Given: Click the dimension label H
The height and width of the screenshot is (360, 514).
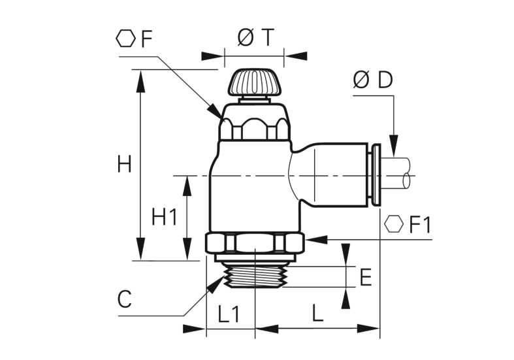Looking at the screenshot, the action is [x=125, y=164].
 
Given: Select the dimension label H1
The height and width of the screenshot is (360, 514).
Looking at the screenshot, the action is [x=165, y=217].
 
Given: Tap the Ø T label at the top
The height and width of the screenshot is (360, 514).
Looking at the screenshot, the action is [x=255, y=37].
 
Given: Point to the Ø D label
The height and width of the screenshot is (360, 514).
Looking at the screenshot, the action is [x=373, y=80].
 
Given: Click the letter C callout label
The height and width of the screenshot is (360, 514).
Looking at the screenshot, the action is [x=125, y=300].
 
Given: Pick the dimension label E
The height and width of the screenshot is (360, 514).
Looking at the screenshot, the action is [x=366, y=277].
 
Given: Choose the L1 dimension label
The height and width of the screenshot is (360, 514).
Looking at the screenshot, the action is [x=229, y=313].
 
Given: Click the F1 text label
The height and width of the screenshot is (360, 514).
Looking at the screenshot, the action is [x=421, y=225].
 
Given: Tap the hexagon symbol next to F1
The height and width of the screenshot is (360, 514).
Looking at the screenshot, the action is [x=394, y=224].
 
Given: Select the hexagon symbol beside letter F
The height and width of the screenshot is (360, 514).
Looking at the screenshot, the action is [x=125, y=39].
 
